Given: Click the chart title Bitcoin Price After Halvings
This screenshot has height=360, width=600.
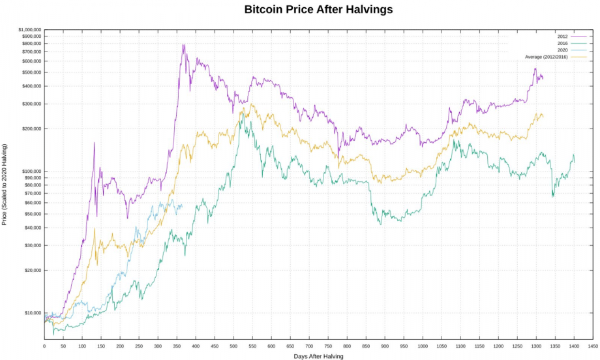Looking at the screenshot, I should pos(318,10).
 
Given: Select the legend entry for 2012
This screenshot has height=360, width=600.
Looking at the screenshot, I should pos(562,36).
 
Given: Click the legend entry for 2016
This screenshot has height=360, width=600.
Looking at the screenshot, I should pos(562,43).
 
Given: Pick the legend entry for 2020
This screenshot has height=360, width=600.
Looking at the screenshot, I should pos(562,50).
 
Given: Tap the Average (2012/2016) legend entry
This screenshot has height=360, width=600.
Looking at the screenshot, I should pos(547,57).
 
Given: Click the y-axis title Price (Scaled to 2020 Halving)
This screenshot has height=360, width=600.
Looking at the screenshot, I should pos(5,185).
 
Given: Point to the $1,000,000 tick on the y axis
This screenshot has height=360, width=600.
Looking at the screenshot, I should pos(30,30).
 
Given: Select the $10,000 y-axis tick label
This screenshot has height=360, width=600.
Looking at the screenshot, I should pos(33,313).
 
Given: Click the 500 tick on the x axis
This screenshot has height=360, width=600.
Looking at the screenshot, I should pos(233,346).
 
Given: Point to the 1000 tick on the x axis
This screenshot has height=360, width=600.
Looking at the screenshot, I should pos(423,346).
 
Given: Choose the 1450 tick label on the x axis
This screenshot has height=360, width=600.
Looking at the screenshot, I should pos(593,346).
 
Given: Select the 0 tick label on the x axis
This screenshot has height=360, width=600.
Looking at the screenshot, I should pos(44,346).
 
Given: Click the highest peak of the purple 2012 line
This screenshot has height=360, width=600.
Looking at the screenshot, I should pos(184,45).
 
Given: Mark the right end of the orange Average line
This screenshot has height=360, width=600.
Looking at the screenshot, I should pos(543,117).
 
